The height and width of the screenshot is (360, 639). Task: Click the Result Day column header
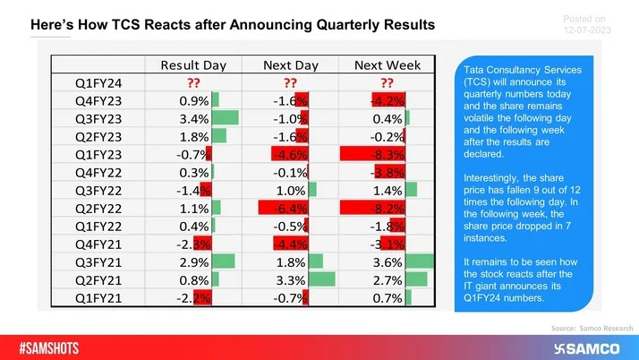(x=193, y=64)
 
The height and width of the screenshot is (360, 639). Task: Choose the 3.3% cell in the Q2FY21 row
(x=291, y=279)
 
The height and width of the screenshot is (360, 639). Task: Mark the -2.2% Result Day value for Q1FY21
(x=194, y=296)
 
